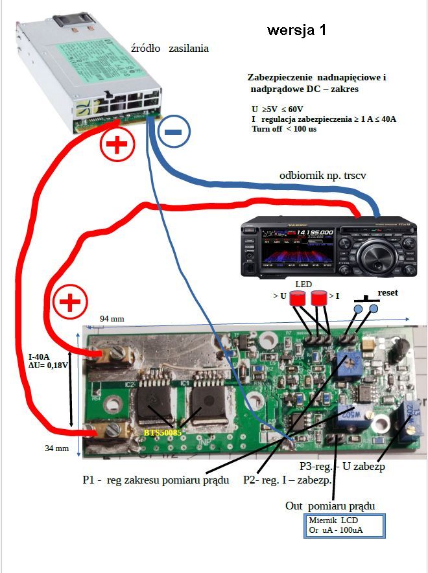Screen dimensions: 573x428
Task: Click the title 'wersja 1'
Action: click(x=297, y=30)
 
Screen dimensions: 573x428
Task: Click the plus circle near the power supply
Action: click(x=117, y=146)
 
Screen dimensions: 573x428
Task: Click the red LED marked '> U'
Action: click(x=298, y=299)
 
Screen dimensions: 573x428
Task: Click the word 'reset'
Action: click(x=387, y=293)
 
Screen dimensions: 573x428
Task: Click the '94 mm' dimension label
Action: click(x=112, y=319)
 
